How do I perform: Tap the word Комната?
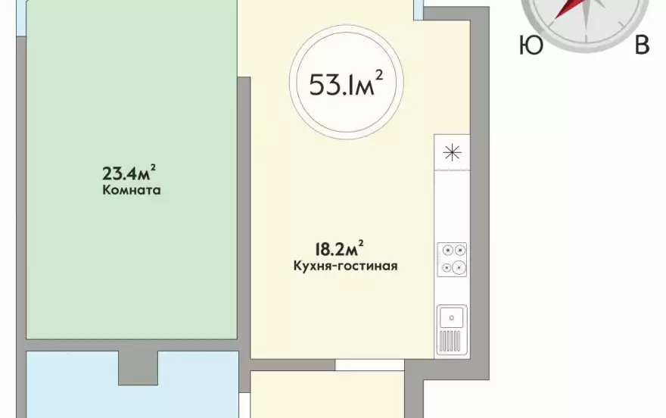pos(132,190)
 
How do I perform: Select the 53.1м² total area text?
pos(346,83)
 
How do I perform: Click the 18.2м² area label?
pos(339,248)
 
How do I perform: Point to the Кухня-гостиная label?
pos(346,267)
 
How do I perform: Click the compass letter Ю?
pos(531,45)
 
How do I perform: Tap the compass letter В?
pos(643,45)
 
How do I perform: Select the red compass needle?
pos(568,8)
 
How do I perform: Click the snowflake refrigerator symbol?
pos(452,152)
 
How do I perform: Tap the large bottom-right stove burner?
pos(459,267)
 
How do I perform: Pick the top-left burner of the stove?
pos(447,250)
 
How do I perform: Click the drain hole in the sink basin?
pos(452,317)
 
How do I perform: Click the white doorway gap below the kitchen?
pos(369,364)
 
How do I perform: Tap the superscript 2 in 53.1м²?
pos(379,75)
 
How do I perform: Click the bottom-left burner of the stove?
pos(447,268)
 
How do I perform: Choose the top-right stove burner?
pos(459,250)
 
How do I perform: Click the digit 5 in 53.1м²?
pos(316,85)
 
